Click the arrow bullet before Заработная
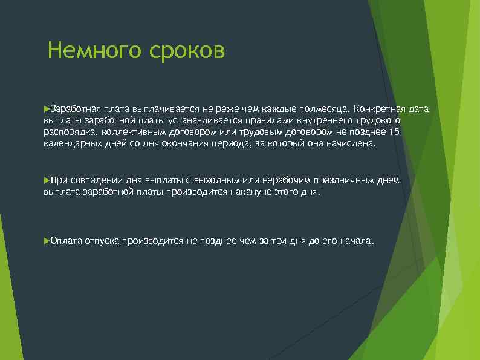tap(47, 108)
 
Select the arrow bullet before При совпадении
tap(47, 180)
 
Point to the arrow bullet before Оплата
tap(47, 240)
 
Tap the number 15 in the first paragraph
tap(395, 133)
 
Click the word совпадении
tap(97, 180)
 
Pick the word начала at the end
tap(356, 240)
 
